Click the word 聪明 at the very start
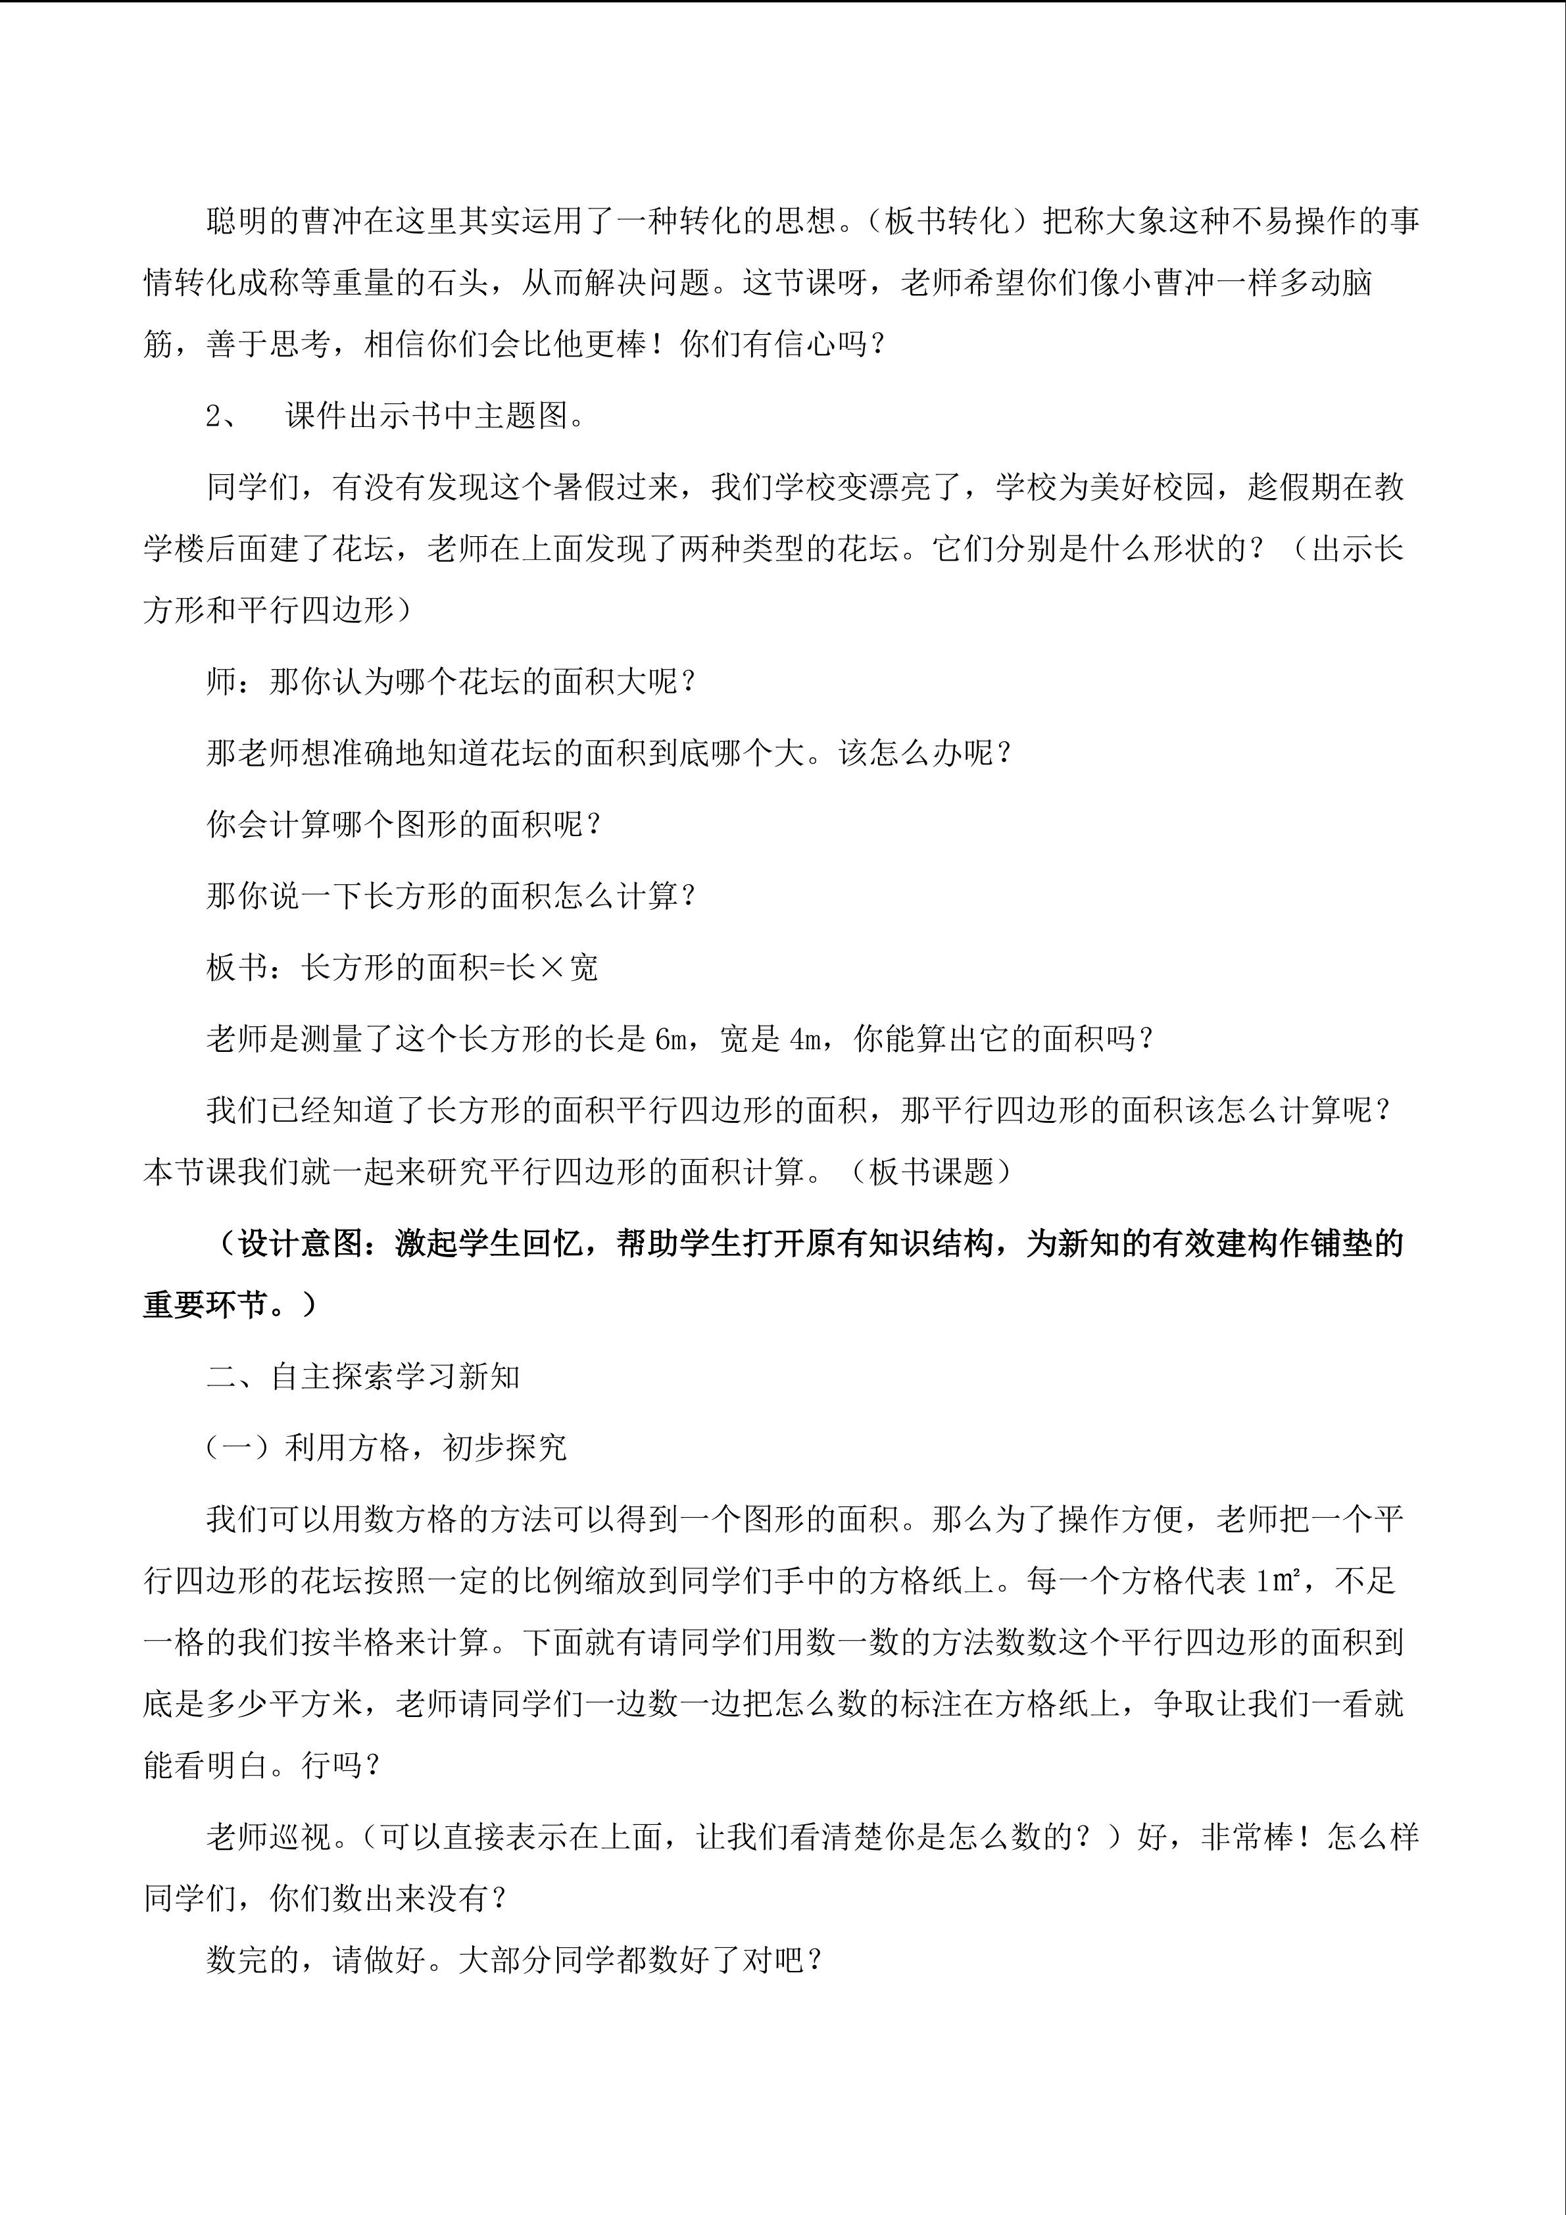[x=238, y=222]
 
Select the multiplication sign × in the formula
[x=551, y=968]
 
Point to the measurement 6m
[x=668, y=1039]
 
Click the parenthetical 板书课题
[x=931, y=1172]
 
